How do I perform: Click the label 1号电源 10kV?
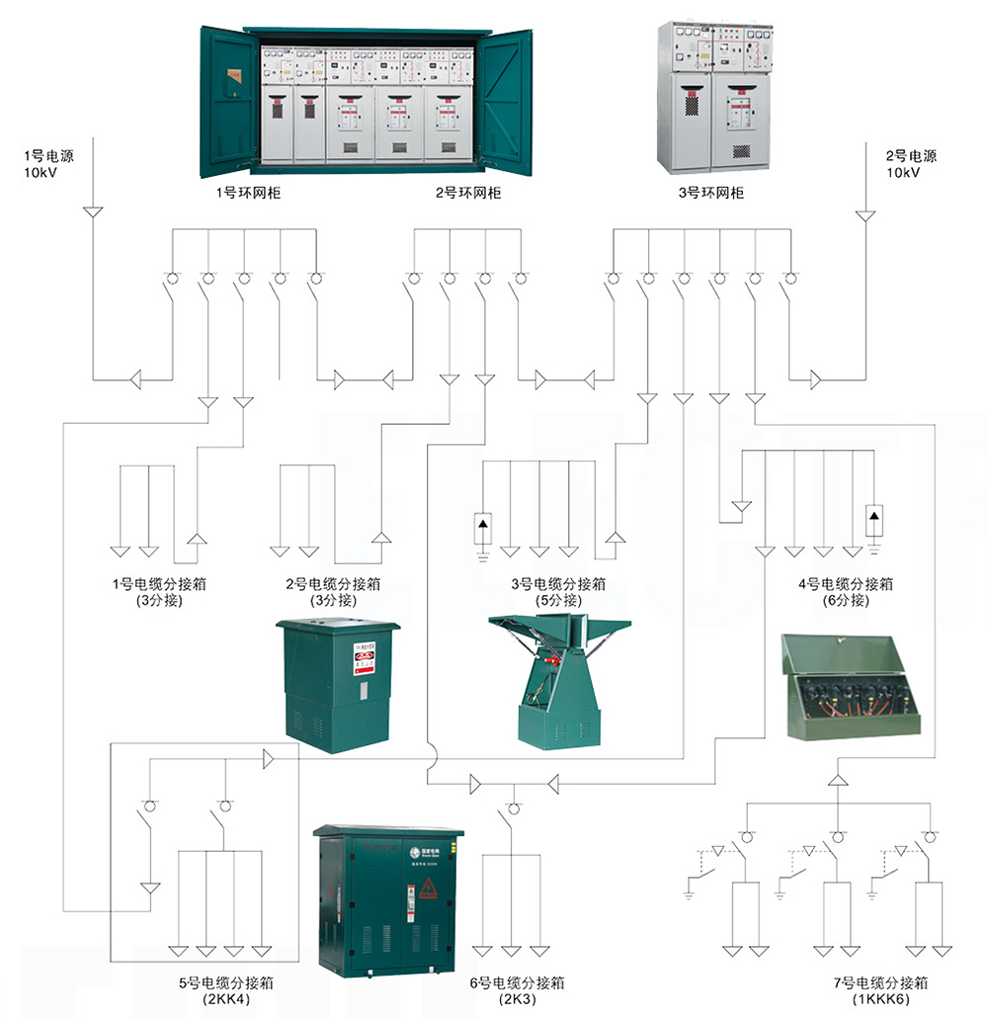click(x=48, y=164)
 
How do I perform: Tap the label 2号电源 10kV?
click(x=910, y=164)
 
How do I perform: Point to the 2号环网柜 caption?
click(x=468, y=193)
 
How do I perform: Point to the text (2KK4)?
click(x=226, y=999)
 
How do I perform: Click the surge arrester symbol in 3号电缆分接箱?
click(x=483, y=527)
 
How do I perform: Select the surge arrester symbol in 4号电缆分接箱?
click(x=874, y=517)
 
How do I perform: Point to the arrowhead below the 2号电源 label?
click(x=865, y=213)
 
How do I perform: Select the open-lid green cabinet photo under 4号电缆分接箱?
click(x=853, y=686)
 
